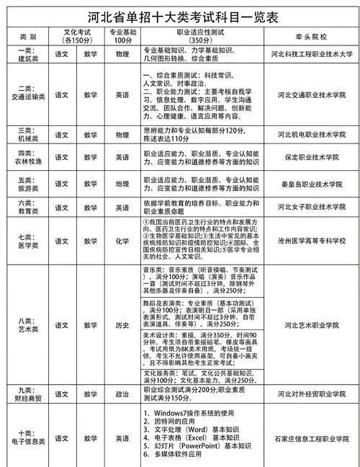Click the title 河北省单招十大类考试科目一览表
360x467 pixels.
[x=180, y=15]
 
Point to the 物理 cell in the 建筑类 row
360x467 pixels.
[x=122, y=53]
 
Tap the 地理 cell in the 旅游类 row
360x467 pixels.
[x=122, y=183]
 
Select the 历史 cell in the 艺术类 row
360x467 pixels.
[x=122, y=325]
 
